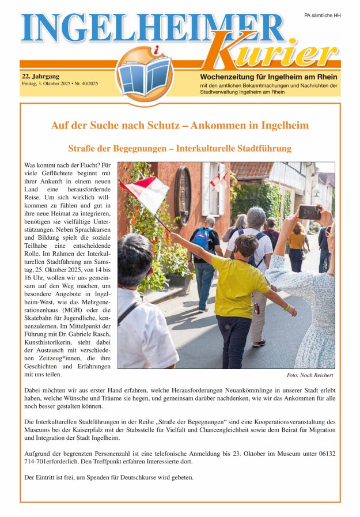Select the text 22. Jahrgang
pyautogui.click(x=40, y=76)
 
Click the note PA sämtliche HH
pyautogui.click(x=322, y=16)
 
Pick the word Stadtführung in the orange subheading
pyautogui.click(x=263, y=149)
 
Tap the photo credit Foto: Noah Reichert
pyautogui.click(x=310, y=375)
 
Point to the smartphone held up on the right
pyautogui.click(x=309, y=212)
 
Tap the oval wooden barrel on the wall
pyautogui.click(x=183, y=195)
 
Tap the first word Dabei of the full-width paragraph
pyautogui.click(x=34, y=391)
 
